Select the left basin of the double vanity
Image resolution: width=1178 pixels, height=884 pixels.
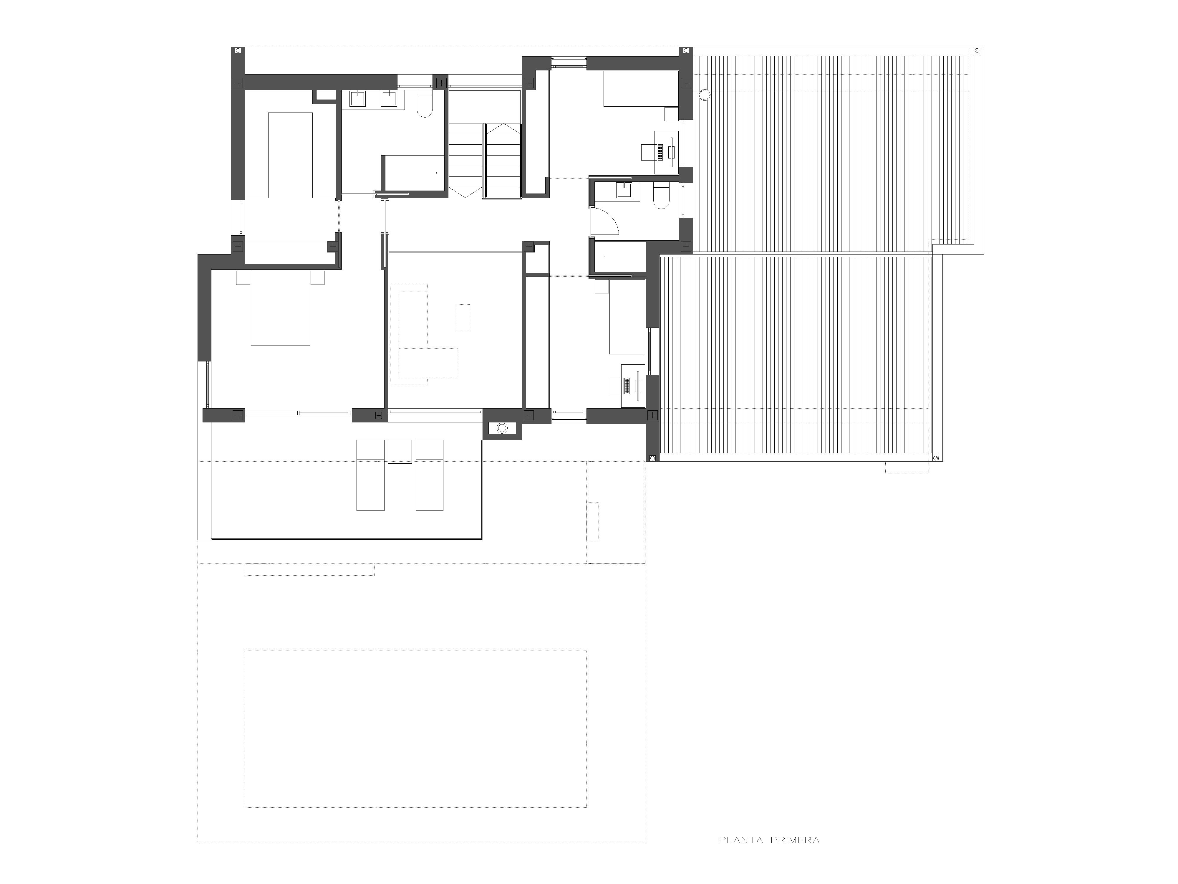point(357,99)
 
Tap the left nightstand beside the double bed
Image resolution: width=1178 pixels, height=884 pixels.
point(243,277)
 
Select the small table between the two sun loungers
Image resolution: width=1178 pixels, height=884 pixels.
point(400,451)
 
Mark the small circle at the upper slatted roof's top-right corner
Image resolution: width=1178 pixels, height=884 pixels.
point(977,51)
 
